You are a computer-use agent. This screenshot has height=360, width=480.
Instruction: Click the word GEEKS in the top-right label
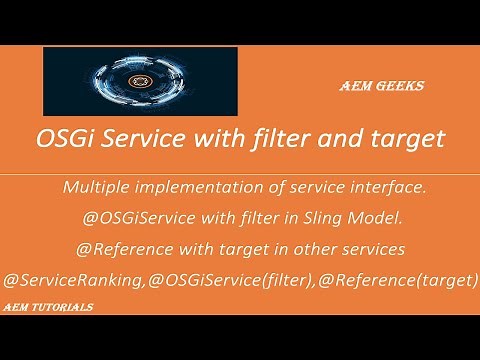click(401, 87)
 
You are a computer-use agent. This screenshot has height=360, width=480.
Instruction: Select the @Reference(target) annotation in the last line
click(388, 280)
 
